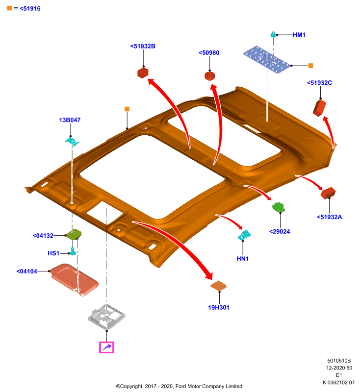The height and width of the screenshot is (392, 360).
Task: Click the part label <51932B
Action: pyautogui.click(x=143, y=46)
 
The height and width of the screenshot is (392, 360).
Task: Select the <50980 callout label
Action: pyautogui.click(x=209, y=53)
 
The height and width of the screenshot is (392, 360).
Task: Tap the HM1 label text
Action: pyautogui.click(x=299, y=35)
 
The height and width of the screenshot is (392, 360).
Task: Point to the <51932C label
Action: pyautogui.click(x=319, y=83)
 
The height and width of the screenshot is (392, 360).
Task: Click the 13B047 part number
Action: pyautogui.click(x=70, y=120)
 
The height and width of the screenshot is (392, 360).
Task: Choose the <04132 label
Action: pyautogui.click(x=43, y=236)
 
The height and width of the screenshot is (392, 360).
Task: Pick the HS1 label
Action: pyautogui.click(x=53, y=253)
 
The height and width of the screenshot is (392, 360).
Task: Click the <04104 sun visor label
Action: pyautogui.click(x=27, y=271)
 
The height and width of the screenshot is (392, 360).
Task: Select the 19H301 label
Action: pyautogui.click(x=219, y=308)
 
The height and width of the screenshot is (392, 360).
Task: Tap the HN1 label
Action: pyautogui.click(x=243, y=259)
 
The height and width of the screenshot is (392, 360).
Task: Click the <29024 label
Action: pyautogui.click(x=280, y=231)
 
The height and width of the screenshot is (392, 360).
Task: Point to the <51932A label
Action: pyautogui.click(x=329, y=217)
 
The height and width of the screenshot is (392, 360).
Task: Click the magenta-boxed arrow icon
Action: pyautogui.click(x=106, y=347)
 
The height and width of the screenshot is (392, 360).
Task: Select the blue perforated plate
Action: pyautogui.click(x=267, y=59)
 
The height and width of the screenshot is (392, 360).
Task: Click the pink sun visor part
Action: pyautogui.click(x=74, y=279)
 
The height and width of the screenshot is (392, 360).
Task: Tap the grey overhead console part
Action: pyautogui.click(x=106, y=316)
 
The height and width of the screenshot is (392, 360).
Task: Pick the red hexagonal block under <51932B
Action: pyautogui.click(x=143, y=73)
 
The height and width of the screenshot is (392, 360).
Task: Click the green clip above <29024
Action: pyautogui.click(x=279, y=207)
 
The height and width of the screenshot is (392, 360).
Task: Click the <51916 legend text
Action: pyautogui.click(x=30, y=8)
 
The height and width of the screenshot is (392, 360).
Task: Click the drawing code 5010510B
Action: pyautogui.click(x=339, y=361)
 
